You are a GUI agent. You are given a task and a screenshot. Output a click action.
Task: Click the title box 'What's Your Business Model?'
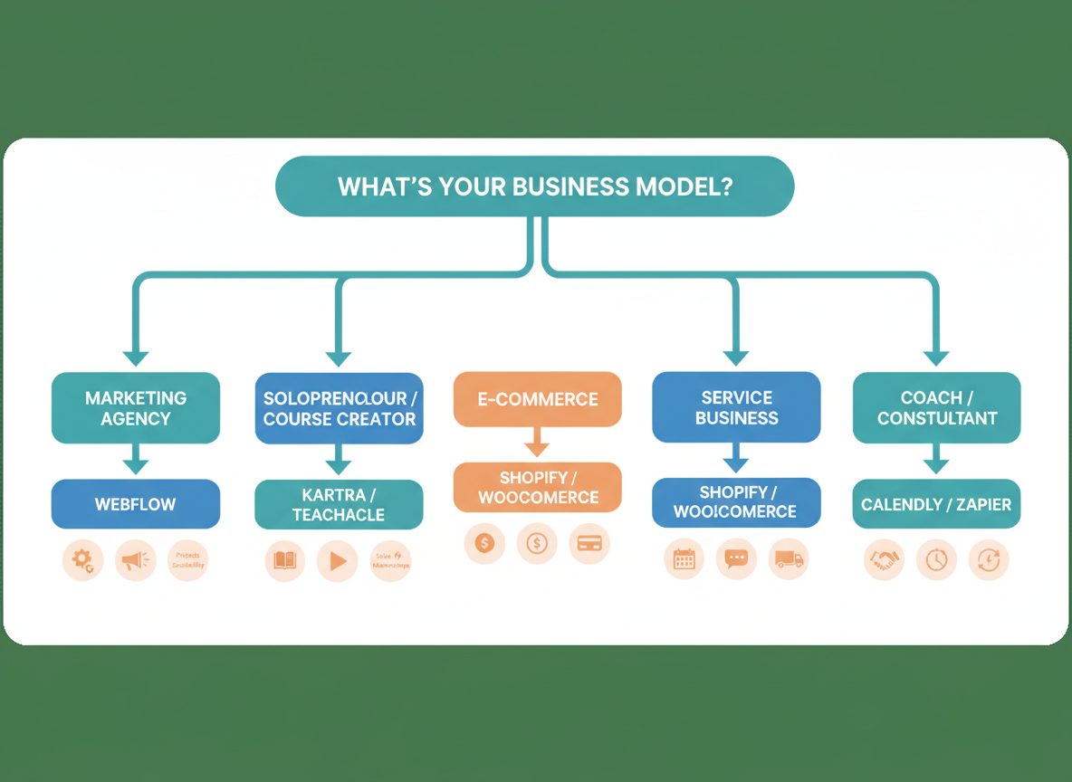point(534,186)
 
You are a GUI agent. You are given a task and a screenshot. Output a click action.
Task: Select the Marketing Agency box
point(136,408)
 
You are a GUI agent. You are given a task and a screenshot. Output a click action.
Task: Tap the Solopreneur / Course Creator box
point(339,408)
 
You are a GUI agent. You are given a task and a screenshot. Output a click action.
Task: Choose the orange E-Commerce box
point(538,399)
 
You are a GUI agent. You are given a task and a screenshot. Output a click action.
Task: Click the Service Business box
point(736,407)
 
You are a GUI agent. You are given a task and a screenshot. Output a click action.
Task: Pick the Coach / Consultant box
point(936,407)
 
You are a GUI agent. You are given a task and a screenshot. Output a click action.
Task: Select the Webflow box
point(136,504)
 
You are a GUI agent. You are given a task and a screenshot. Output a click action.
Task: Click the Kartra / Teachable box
point(339,505)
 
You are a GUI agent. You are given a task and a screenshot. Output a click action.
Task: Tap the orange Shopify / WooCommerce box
point(538,488)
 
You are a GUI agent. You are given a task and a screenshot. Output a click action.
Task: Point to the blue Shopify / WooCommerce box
point(736,502)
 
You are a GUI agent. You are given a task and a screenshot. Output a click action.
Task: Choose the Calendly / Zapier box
point(936,504)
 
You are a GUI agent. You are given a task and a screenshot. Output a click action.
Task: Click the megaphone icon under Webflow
point(136,561)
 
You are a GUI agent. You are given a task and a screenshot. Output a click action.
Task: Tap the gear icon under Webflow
point(83,561)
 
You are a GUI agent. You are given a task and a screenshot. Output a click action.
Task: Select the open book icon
point(285,561)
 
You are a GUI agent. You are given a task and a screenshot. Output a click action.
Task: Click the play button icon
point(338,561)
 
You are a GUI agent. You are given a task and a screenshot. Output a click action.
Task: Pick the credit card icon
point(589,543)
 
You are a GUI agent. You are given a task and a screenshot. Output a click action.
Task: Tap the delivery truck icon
point(789,560)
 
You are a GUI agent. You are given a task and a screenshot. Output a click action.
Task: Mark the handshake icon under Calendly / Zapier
point(883,560)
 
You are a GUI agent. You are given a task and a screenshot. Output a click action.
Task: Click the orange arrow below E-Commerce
point(538,443)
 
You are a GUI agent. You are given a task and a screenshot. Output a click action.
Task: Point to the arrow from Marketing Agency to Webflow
point(136,460)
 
